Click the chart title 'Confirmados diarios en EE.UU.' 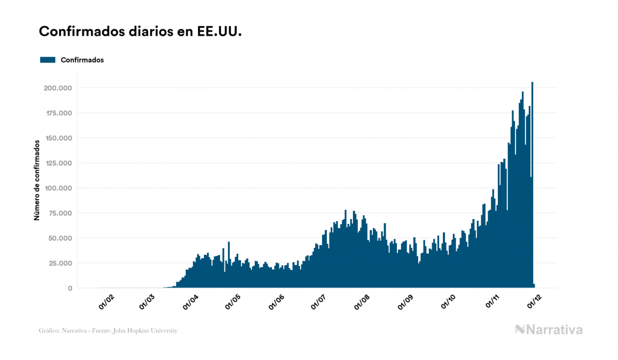(140, 32)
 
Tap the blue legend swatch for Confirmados (48, 60)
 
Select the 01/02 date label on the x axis (106, 302)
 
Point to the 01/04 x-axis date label (192, 302)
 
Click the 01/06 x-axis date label (278, 302)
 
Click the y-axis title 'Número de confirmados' (37, 181)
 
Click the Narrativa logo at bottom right (549, 330)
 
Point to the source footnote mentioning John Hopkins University (108, 331)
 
